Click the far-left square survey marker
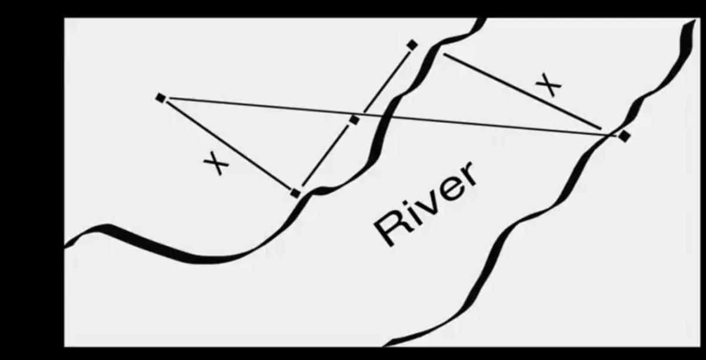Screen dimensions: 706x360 click(x=161, y=98)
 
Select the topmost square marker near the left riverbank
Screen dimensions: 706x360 click(x=412, y=45)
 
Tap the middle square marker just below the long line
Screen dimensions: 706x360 click(x=354, y=120)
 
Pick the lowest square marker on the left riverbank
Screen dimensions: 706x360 click(x=295, y=193)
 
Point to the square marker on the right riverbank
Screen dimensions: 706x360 click(x=624, y=136)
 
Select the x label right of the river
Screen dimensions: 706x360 click(x=549, y=84)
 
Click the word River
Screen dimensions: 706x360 click(x=426, y=204)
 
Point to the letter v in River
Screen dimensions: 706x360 click(x=426, y=205)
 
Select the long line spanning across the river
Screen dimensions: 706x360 click(x=391, y=116)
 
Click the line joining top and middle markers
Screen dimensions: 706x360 click(x=387, y=82)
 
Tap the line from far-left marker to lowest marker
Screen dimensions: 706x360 click(x=229, y=145)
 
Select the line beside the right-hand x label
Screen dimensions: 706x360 click(x=522, y=91)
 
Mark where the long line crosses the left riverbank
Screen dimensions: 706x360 click(x=383, y=116)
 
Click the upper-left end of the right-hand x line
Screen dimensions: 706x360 click(x=444, y=54)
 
